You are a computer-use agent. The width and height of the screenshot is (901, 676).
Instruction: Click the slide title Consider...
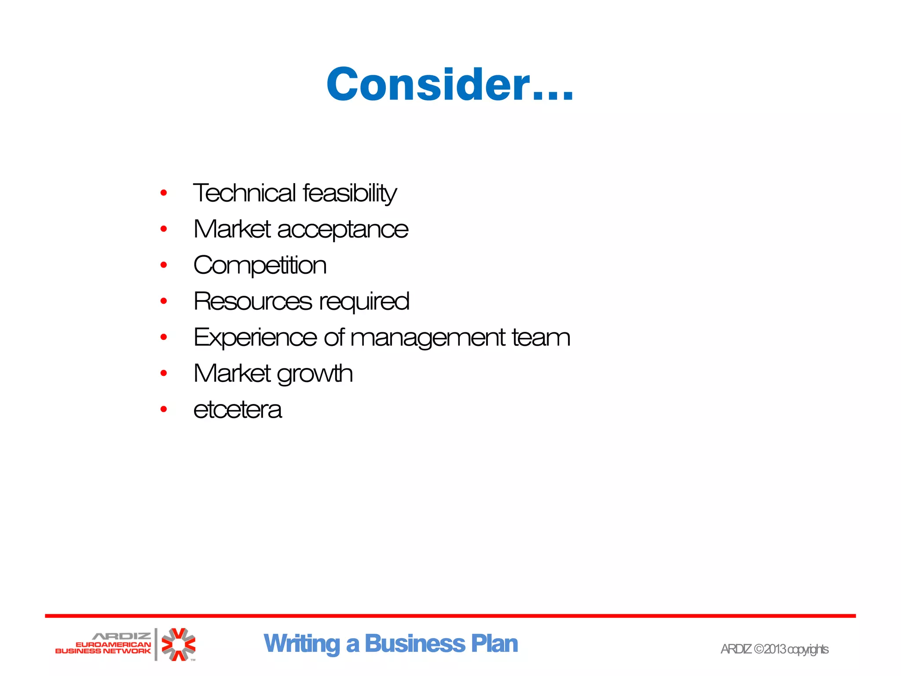450,84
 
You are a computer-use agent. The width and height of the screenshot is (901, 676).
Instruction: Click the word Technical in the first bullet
245,193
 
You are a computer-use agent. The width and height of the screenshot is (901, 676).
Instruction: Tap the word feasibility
350,193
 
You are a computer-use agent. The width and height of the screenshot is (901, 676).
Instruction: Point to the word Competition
260,266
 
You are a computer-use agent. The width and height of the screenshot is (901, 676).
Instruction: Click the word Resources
253,301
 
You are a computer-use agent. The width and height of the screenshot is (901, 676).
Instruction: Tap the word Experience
255,338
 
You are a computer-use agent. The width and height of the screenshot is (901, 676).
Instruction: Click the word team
541,338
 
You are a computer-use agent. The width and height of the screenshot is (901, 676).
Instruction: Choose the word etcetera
238,410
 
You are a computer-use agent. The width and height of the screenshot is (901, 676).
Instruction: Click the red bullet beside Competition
164,265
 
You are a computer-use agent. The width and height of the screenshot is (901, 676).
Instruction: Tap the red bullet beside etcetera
164,409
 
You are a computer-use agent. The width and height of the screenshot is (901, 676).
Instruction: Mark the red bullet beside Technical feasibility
164,193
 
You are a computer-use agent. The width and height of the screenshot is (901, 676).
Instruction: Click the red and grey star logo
178,644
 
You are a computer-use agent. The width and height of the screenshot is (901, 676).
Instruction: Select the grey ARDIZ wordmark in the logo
121,636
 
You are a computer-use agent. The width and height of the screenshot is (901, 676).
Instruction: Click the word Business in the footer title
414,644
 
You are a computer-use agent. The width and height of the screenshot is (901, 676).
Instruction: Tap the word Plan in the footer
494,644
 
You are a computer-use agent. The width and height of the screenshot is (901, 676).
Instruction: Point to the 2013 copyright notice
774,649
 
